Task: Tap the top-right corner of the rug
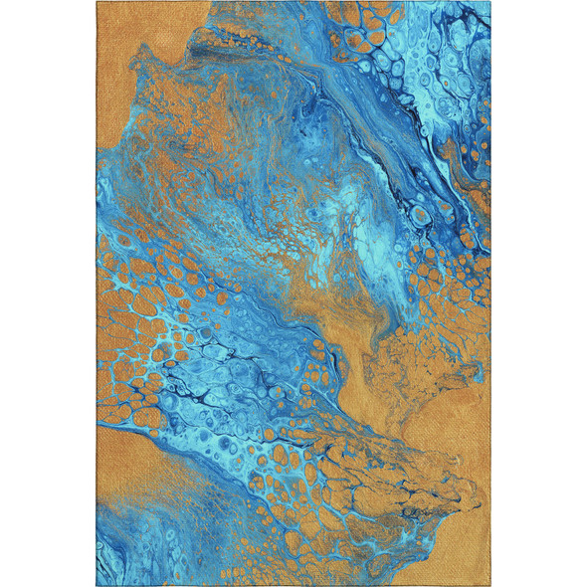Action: click(490, 4)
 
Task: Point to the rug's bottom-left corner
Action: click(98, 583)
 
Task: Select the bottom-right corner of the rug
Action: click(489, 583)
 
